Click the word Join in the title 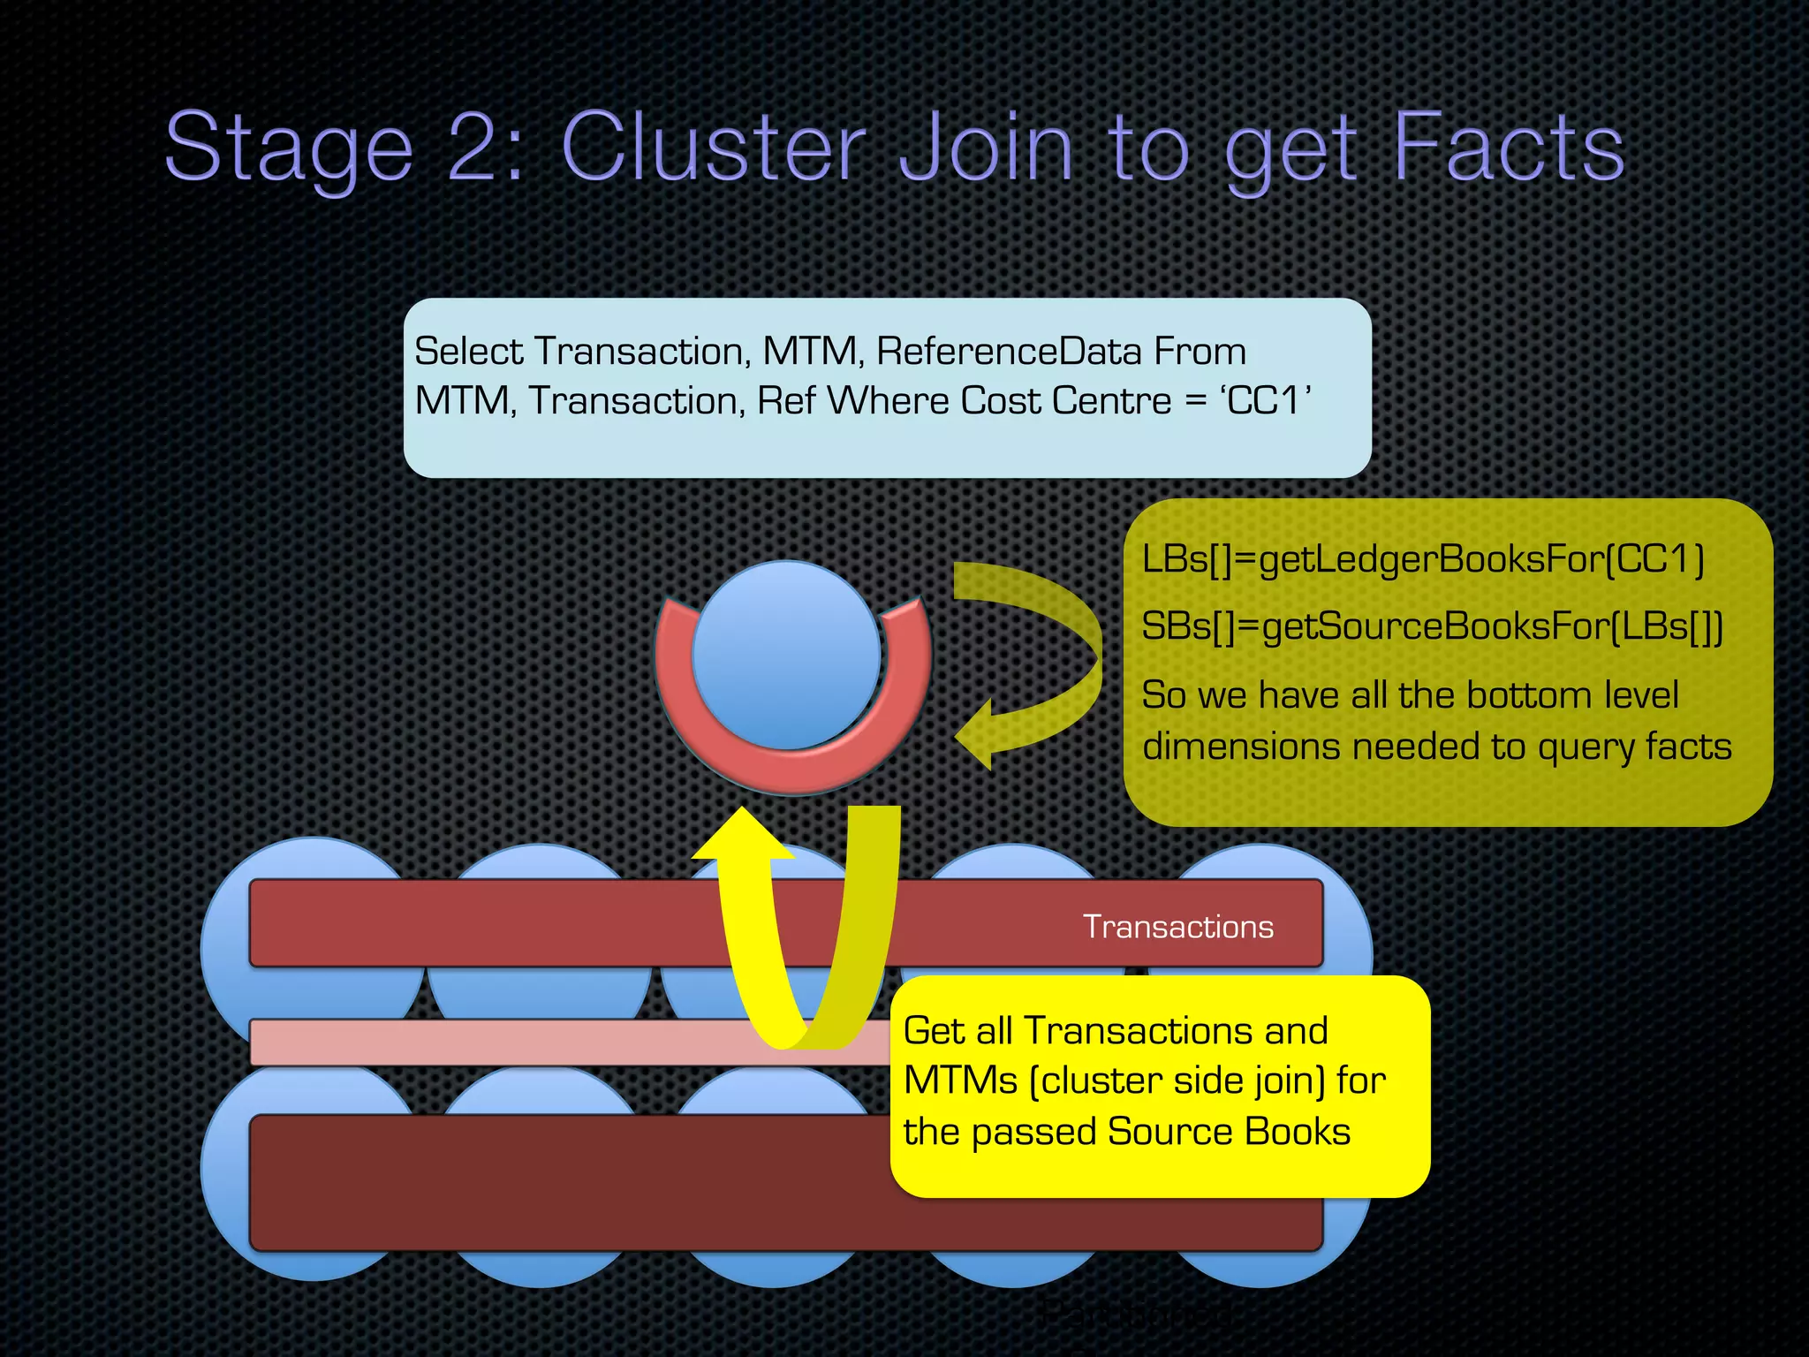tap(986, 147)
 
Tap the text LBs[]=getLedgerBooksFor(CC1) tap(1422, 559)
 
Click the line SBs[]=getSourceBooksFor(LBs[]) tap(1431, 626)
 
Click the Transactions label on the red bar tap(1177, 927)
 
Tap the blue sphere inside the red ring tap(786, 654)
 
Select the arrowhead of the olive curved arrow tap(977, 734)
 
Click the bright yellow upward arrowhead tap(742, 835)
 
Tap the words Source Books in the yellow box tap(1229, 1132)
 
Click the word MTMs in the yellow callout tap(960, 1080)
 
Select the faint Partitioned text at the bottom tap(1135, 1314)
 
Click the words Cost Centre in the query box tap(1065, 401)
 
